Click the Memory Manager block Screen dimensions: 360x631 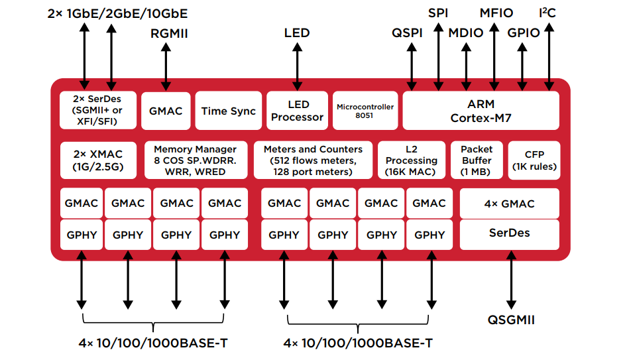click(x=195, y=160)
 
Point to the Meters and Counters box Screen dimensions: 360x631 click(x=313, y=160)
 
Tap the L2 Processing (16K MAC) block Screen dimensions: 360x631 click(x=411, y=160)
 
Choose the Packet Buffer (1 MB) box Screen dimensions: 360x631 click(x=477, y=160)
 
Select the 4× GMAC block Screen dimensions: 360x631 click(x=509, y=204)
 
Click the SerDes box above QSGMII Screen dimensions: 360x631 click(x=509, y=234)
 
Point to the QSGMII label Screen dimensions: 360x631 click(x=511, y=320)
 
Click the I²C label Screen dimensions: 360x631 click(x=547, y=13)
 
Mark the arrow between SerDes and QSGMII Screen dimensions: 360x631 click(x=511, y=282)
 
